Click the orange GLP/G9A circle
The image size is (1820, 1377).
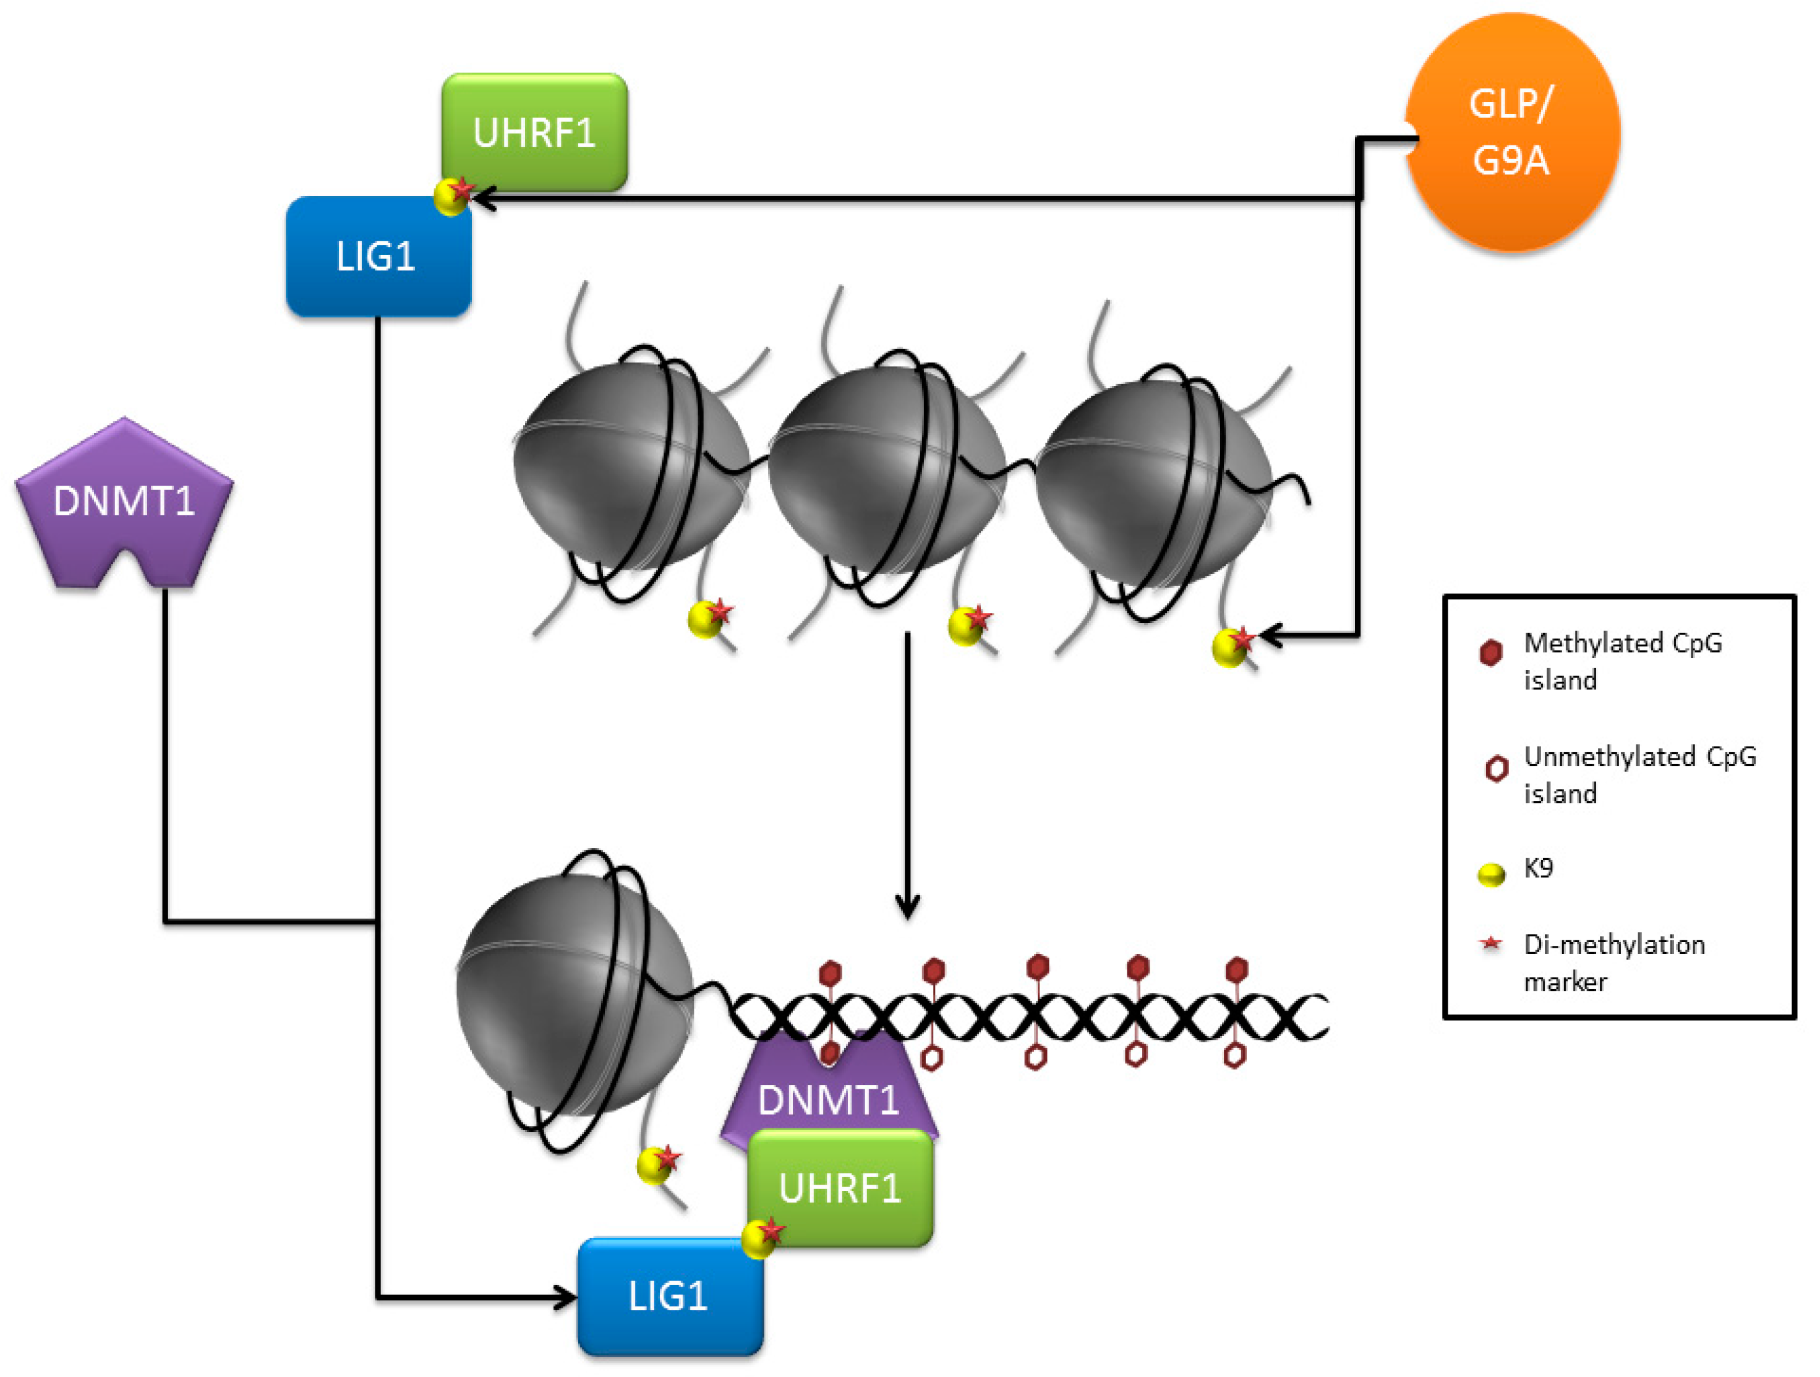pyautogui.click(x=1512, y=132)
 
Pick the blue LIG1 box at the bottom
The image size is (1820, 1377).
pyautogui.click(x=670, y=1297)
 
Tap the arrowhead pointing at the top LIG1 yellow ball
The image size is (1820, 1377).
pyautogui.click(x=484, y=199)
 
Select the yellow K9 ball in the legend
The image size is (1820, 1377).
pyautogui.click(x=1491, y=874)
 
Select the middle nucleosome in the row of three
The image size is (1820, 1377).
pyautogui.click(x=887, y=469)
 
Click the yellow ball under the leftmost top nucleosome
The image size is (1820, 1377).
pyautogui.click(x=704, y=619)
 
